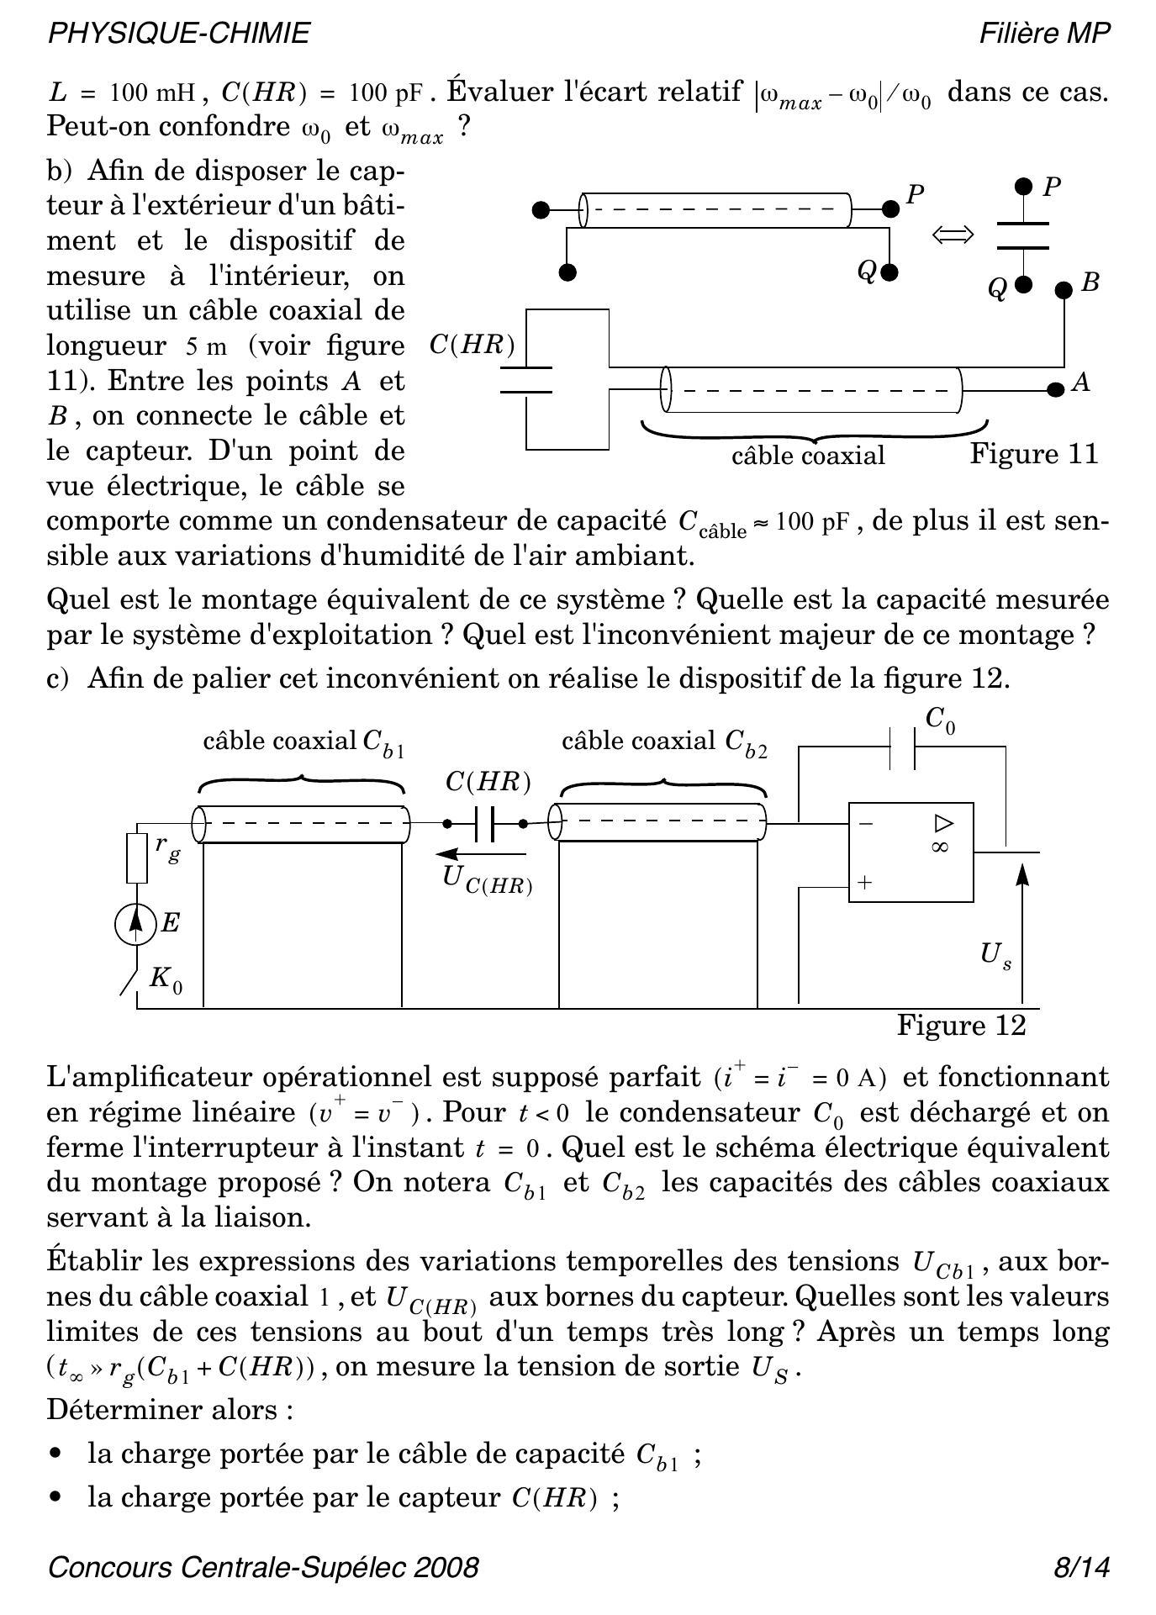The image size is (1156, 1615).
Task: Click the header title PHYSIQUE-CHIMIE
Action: click(x=179, y=33)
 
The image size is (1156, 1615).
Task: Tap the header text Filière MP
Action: click(x=1044, y=33)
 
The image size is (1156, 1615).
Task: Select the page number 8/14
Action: click(x=1082, y=1567)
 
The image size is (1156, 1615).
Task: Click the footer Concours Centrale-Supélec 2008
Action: click(x=263, y=1567)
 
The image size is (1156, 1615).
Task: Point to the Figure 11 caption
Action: click(x=1034, y=454)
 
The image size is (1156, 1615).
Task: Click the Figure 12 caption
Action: click(x=962, y=1026)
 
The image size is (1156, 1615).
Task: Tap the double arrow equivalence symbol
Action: click(x=953, y=235)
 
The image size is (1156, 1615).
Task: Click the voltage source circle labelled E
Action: click(x=136, y=924)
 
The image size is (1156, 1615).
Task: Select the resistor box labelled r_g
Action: click(x=137, y=858)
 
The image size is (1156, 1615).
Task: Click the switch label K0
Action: click(x=166, y=979)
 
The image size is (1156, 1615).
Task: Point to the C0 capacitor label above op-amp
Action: click(x=940, y=720)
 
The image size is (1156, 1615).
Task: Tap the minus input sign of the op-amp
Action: click(x=865, y=825)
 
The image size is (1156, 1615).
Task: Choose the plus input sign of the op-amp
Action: click(x=864, y=884)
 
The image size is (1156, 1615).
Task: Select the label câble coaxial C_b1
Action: click(x=304, y=742)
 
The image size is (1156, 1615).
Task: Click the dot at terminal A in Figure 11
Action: click(x=1054, y=390)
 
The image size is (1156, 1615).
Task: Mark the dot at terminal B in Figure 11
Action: click(x=1064, y=290)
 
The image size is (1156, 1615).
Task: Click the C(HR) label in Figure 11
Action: click(x=472, y=346)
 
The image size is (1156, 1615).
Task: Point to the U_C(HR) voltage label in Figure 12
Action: click(x=487, y=879)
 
